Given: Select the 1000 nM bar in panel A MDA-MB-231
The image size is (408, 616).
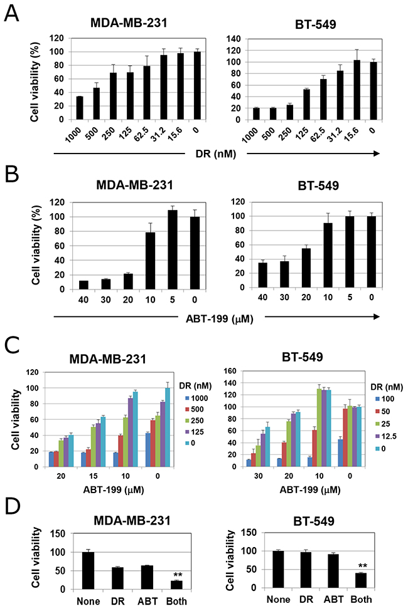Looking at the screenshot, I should tap(78, 108).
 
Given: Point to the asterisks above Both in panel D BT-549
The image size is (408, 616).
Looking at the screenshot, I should tap(362, 566).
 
